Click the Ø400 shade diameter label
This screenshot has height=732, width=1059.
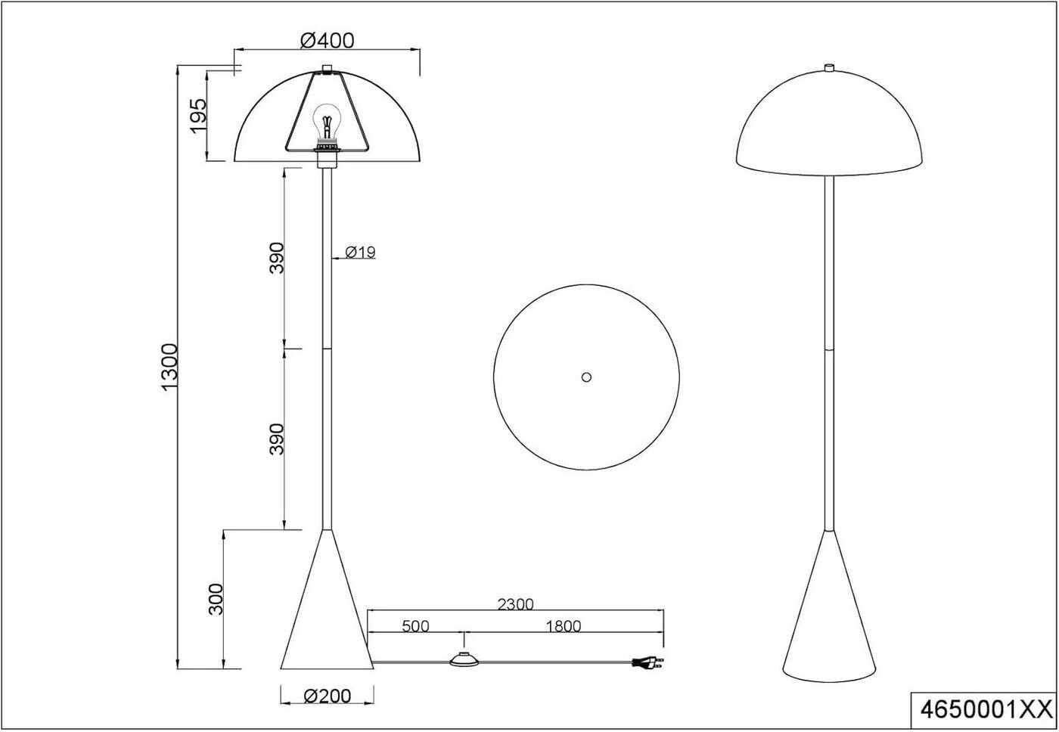tap(327, 41)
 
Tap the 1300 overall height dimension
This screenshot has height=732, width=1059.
tap(169, 368)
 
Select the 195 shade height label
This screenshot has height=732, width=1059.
tap(199, 116)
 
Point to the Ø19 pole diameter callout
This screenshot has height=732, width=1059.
tap(360, 253)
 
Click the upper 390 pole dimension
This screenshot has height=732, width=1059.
tap(277, 258)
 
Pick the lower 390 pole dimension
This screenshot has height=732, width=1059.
tap(277, 439)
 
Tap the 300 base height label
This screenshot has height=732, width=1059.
tap(216, 599)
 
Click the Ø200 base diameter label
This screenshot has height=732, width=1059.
tap(327, 696)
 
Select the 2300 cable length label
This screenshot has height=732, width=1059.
tap(515, 604)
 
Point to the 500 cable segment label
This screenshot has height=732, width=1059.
tap(415, 626)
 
